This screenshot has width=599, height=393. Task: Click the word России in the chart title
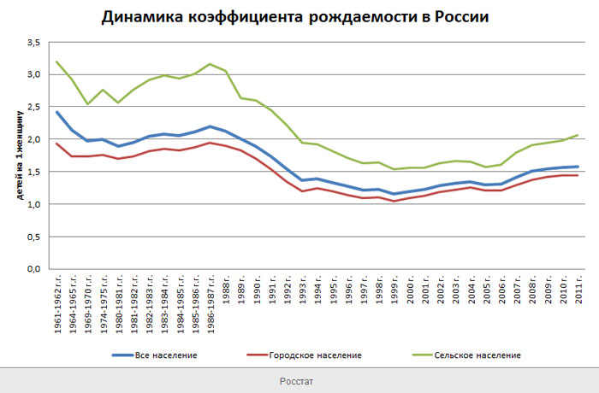tap(460, 17)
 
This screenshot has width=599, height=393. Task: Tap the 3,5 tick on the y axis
tap(33, 42)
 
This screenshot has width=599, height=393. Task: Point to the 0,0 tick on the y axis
tap(33, 269)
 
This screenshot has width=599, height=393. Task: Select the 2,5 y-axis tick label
tap(33, 107)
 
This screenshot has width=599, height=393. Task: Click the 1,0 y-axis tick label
tap(33, 204)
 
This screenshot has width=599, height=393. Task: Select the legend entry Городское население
tap(314, 355)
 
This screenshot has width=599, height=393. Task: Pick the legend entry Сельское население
tap(476, 355)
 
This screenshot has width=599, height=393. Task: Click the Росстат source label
tap(299, 380)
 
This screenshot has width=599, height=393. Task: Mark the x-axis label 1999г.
tap(394, 298)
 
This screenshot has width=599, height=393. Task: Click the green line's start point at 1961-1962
tap(57, 62)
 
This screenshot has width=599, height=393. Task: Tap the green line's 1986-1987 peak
tap(210, 64)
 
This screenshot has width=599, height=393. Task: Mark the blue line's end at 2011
tap(578, 167)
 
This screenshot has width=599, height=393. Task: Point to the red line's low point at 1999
tap(394, 201)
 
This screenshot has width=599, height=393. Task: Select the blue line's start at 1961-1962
tap(57, 112)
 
